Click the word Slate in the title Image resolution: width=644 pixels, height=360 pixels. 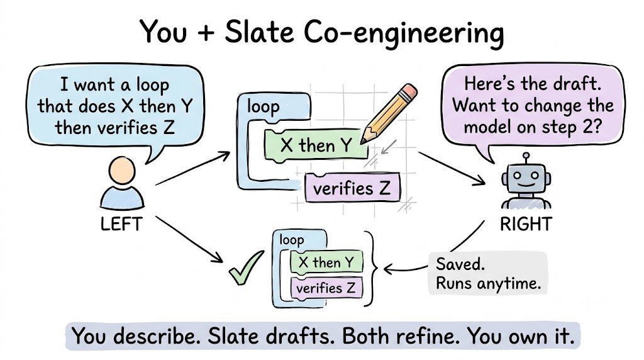pyautogui.click(x=259, y=32)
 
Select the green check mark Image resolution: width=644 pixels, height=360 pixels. pyautogui.click(x=246, y=267)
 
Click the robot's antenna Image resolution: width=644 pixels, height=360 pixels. pyautogui.click(x=526, y=159)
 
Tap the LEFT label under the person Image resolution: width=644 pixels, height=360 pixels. pyautogui.click(x=121, y=224)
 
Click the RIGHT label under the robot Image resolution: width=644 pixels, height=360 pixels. pyautogui.click(x=526, y=224)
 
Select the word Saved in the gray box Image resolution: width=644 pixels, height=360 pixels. pyautogui.click(x=460, y=264)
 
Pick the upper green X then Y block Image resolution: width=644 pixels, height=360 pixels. pyautogui.click(x=316, y=145)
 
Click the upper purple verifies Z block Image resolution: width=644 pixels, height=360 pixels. pyautogui.click(x=352, y=188)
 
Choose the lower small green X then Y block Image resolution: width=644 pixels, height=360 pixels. pyautogui.click(x=326, y=262)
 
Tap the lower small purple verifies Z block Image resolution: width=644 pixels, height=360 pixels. pyautogui.click(x=326, y=288)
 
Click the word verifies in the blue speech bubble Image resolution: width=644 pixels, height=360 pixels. pyautogui.click(x=126, y=127)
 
